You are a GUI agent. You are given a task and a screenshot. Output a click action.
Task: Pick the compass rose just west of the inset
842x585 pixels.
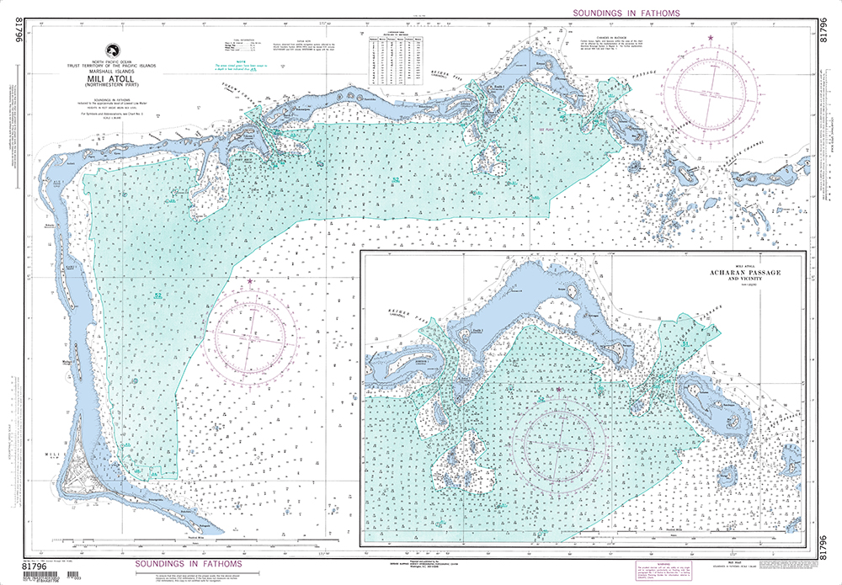pyautogui.click(x=251, y=338)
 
